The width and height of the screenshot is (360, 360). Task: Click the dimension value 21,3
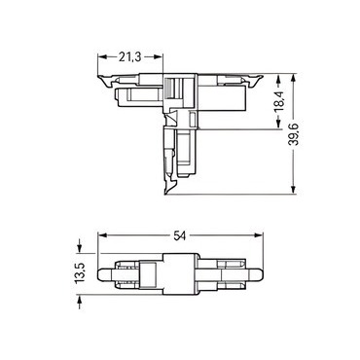[x=129, y=57]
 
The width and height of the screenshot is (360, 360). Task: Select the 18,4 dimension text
[x=279, y=101]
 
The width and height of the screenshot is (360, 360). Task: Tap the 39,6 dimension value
[x=294, y=134]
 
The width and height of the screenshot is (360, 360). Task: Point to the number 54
[x=179, y=236]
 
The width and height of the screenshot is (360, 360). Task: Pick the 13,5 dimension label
[x=80, y=273]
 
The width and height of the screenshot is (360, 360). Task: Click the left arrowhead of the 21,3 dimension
[x=102, y=57]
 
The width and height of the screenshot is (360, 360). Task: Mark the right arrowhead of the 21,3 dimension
[x=158, y=57]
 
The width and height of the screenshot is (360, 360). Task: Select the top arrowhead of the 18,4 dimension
[x=278, y=79]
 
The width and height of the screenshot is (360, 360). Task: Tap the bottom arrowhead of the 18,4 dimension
[x=278, y=125]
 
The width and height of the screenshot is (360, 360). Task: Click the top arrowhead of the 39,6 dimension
[x=294, y=79]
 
